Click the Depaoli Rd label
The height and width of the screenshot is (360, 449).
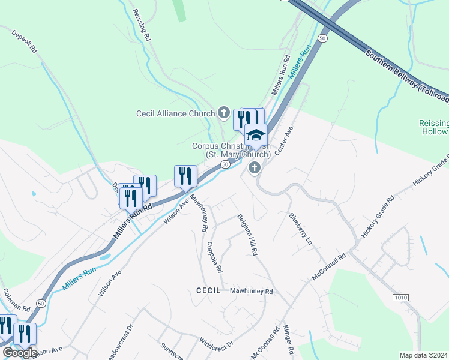25,40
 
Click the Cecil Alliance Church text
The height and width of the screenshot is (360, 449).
175,113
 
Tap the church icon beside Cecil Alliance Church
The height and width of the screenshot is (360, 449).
223,112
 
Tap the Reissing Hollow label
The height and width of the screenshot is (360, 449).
433,127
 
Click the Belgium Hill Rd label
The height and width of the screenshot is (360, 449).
247,235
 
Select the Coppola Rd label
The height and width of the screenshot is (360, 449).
214,256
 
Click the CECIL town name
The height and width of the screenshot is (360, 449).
209,290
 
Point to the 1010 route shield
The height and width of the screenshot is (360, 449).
401,298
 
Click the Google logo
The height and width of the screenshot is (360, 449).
19,353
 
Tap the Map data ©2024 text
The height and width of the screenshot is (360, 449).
424,355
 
